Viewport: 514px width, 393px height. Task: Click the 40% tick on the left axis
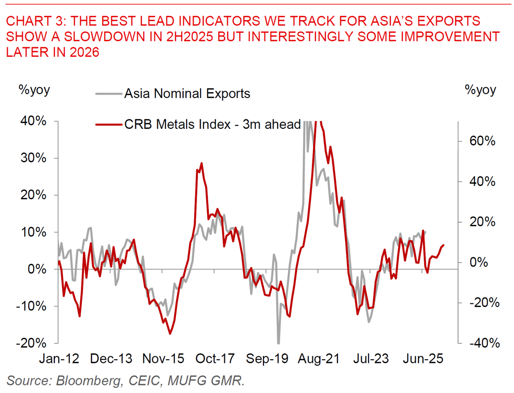click(34, 121)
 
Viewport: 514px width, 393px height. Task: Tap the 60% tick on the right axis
click(481, 141)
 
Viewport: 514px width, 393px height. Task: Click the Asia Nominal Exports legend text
click(187, 94)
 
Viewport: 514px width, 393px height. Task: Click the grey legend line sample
click(109, 94)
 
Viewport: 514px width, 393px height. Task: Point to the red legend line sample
click(109, 124)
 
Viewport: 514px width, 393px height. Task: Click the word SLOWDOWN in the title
click(84, 37)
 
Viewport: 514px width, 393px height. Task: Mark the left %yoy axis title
click(34, 90)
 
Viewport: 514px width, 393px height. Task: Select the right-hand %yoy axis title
click(481, 90)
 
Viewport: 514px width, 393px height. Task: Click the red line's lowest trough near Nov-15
click(170, 334)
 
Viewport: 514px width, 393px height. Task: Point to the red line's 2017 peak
click(202, 163)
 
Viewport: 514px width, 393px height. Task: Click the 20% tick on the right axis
click(481, 222)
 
